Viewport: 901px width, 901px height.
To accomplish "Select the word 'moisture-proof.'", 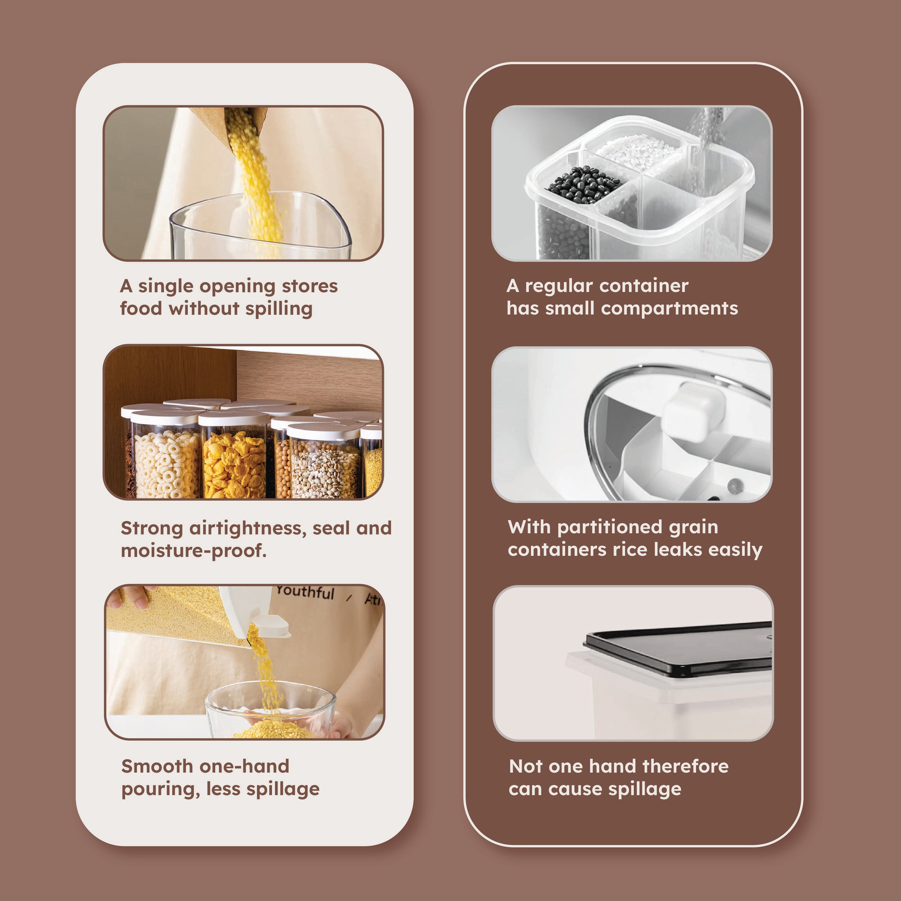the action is tap(193, 551).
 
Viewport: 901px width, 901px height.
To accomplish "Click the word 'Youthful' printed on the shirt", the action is tap(305, 592).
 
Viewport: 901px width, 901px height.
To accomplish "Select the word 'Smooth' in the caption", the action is tap(157, 766).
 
